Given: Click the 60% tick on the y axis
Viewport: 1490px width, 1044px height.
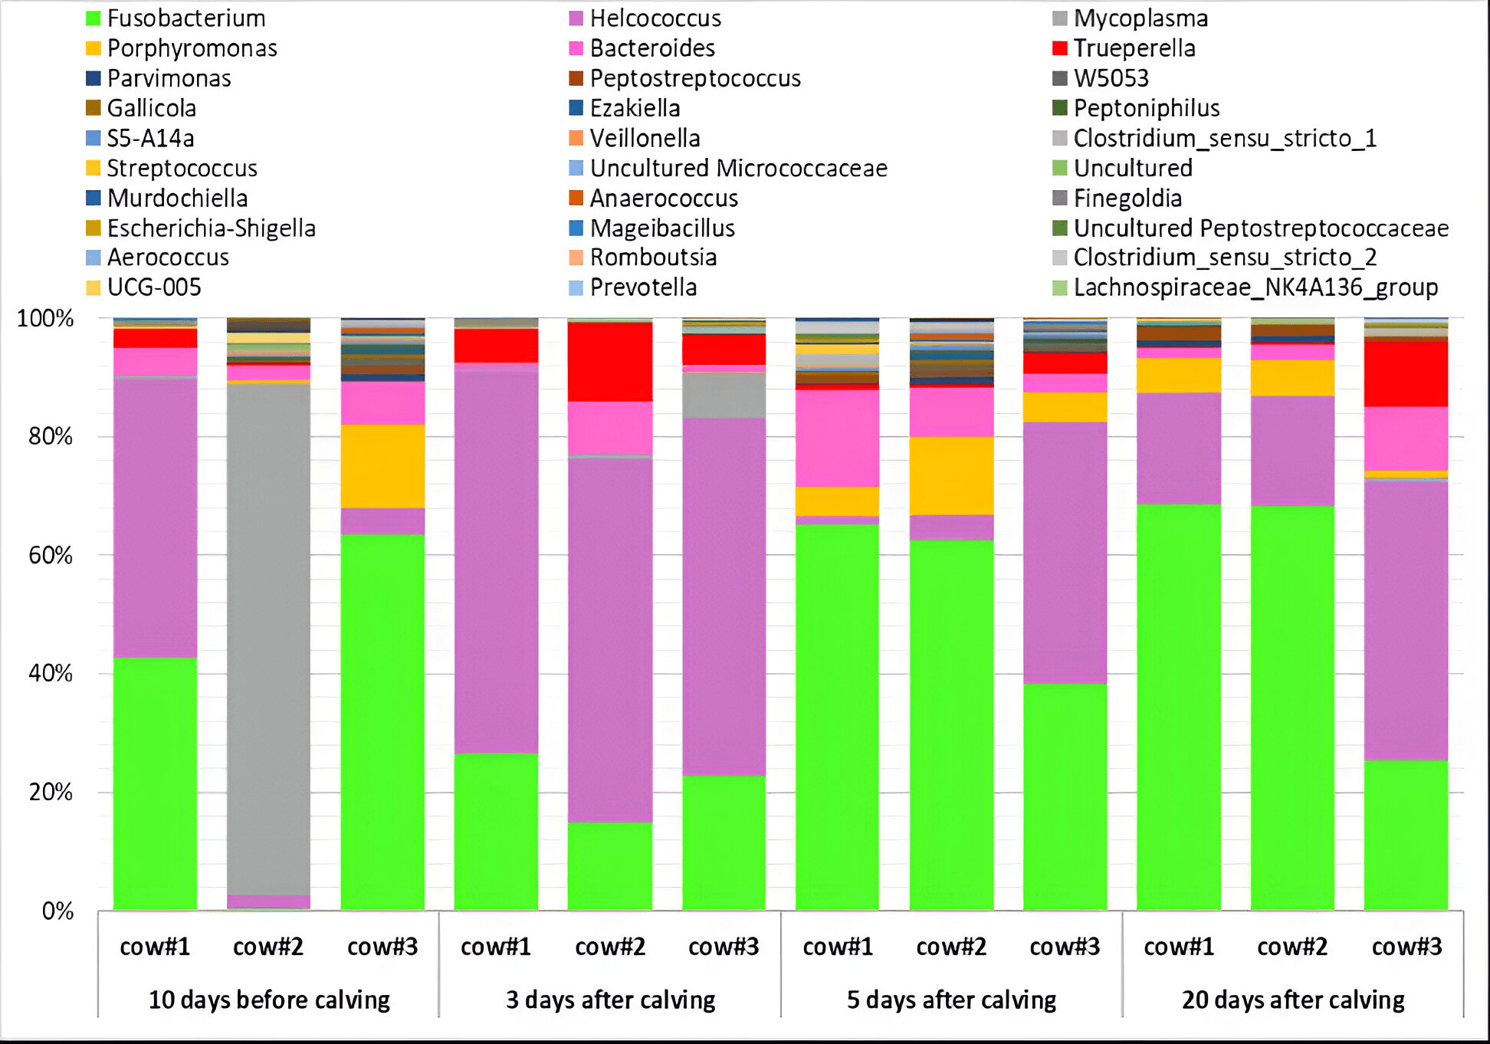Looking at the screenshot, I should click(51, 555).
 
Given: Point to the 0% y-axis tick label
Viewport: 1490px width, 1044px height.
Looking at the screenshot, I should click(57, 911).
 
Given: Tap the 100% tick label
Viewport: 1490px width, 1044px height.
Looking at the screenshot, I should click(45, 318).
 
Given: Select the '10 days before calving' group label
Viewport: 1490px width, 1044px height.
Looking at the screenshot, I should click(269, 1000).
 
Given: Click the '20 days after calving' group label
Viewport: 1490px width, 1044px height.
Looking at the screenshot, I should click(1293, 1000).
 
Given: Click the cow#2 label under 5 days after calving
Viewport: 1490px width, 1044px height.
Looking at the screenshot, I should click(951, 947).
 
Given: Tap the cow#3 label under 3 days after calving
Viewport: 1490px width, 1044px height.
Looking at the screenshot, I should click(724, 947).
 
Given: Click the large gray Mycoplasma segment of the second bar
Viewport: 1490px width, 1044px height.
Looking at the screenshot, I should click(269, 636).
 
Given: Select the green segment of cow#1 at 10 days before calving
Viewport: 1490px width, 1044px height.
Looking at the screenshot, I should click(155, 782).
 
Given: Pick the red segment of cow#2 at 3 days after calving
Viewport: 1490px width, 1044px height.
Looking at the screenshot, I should click(610, 361).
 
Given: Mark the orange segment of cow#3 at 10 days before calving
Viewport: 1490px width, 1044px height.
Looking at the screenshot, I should click(382, 466).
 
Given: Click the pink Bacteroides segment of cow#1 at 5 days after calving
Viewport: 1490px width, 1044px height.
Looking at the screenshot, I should click(837, 438).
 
